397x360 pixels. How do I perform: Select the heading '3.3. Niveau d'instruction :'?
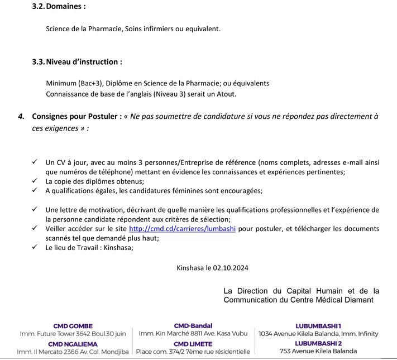pos(77,62)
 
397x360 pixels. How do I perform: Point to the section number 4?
pos(21,117)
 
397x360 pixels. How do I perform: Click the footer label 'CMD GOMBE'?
pos(73,325)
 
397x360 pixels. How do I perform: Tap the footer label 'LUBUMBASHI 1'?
pos(318,325)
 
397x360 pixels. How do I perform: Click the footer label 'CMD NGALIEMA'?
pos(73,344)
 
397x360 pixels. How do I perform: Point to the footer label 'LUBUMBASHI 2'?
pos(318,343)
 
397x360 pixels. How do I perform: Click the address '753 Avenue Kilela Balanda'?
pos(318,352)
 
